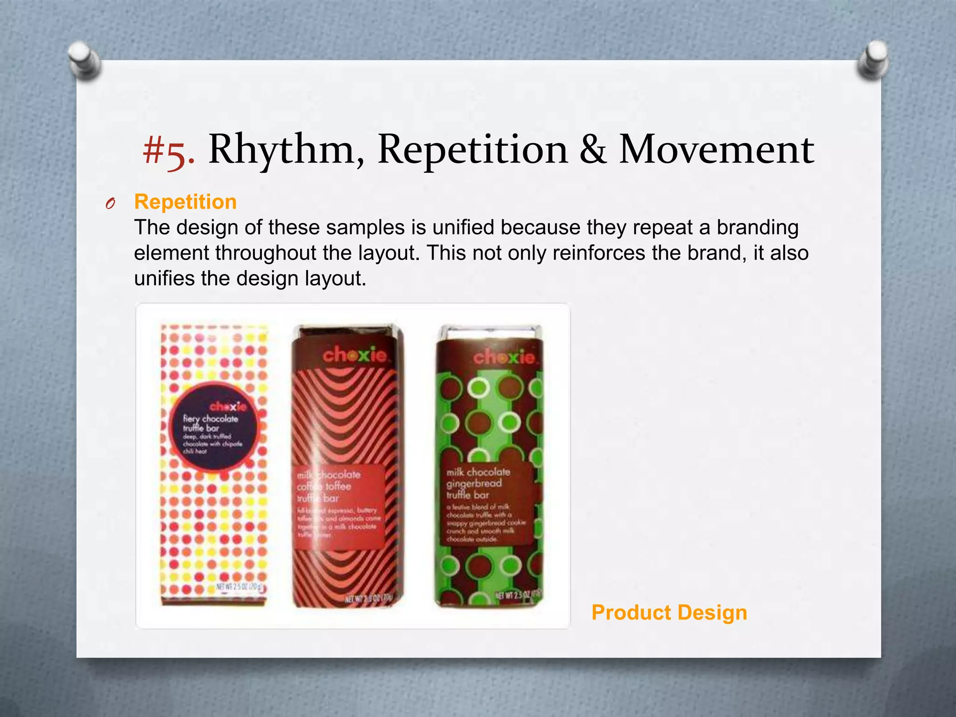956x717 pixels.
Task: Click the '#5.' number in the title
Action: pyautogui.click(x=168, y=150)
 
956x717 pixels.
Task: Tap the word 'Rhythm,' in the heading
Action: pyautogui.click(x=286, y=150)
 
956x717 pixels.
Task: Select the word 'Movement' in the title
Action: pyautogui.click(x=716, y=150)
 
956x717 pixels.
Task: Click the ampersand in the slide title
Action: pyautogui.click(x=593, y=150)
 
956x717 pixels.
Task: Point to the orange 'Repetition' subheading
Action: pyautogui.click(x=185, y=202)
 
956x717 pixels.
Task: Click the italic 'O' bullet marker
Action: pyautogui.click(x=110, y=204)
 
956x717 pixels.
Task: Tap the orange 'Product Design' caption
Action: pyautogui.click(x=669, y=612)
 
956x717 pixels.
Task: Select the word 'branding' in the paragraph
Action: pyautogui.click(x=757, y=228)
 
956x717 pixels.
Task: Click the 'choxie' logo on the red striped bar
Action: pyautogui.click(x=355, y=356)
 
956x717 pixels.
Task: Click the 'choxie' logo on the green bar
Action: pyautogui.click(x=504, y=358)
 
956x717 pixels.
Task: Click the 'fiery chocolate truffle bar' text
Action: pyautogui.click(x=210, y=423)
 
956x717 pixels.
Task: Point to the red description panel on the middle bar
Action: pyautogui.click(x=340, y=506)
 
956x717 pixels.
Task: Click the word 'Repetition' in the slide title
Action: pyautogui.click(x=472, y=150)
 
